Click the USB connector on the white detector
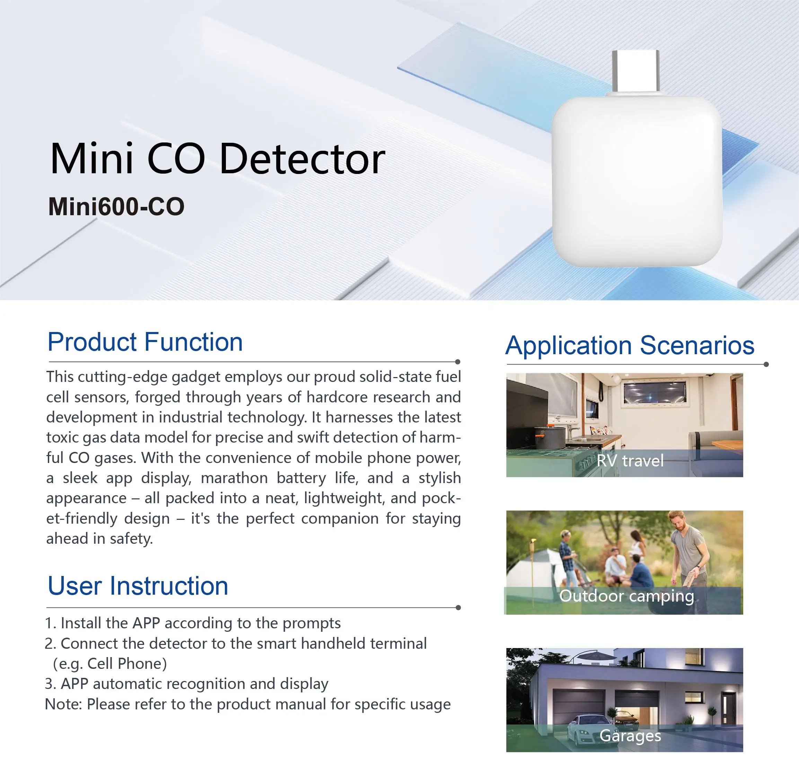[x=635, y=71]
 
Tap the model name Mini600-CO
[x=116, y=206]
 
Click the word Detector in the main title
[x=302, y=159]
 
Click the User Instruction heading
[x=138, y=586]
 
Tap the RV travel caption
[x=630, y=461]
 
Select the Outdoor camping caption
[x=626, y=596]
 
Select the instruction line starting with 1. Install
[x=193, y=623]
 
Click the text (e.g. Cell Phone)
[x=110, y=664]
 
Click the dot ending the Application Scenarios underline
[x=766, y=364]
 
